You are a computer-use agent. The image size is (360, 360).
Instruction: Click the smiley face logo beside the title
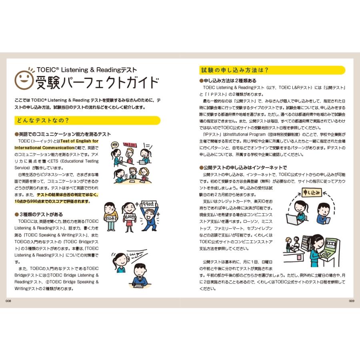pyautogui.click(x=24, y=79)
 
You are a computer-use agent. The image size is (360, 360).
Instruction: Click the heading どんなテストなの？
pyautogui.click(x=42, y=120)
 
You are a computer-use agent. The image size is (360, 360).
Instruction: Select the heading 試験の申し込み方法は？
pyautogui.click(x=234, y=70)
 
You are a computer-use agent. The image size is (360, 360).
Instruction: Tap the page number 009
pyautogui.click(x=352, y=301)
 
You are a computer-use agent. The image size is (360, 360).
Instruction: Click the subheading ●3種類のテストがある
pyautogui.click(x=39, y=214)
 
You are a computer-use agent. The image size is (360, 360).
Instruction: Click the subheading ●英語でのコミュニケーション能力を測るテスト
pyautogui.click(x=62, y=134)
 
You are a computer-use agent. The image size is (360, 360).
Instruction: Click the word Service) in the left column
pyautogui.click(x=24, y=168)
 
